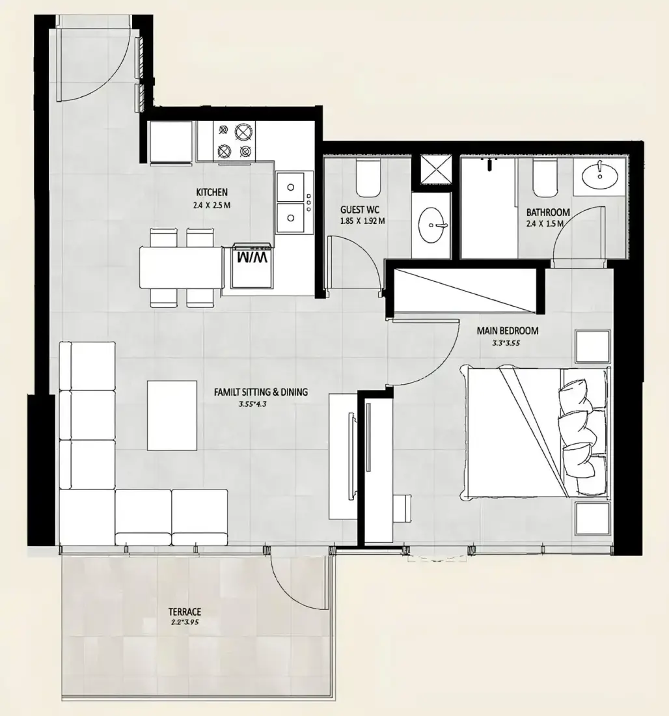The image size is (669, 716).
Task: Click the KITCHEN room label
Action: click(x=212, y=192)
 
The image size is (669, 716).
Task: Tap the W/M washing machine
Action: click(x=253, y=267)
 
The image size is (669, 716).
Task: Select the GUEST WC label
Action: click(x=359, y=210)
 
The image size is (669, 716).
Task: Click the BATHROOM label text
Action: click(x=548, y=212)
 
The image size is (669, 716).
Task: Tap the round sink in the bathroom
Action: click(x=599, y=175)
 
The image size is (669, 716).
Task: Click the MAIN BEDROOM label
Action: click(x=508, y=331)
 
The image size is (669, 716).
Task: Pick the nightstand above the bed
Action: click(x=593, y=346)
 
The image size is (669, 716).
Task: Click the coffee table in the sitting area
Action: click(x=172, y=415)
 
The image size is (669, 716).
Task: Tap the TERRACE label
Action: click(x=184, y=612)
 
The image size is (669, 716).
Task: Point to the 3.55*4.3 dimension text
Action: click(x=252, y=404)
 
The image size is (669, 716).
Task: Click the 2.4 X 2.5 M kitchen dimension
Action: click(x=212, y=206)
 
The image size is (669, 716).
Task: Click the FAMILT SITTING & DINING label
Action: click(x=261, y=392)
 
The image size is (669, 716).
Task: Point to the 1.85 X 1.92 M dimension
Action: click(x=362, y=221)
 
